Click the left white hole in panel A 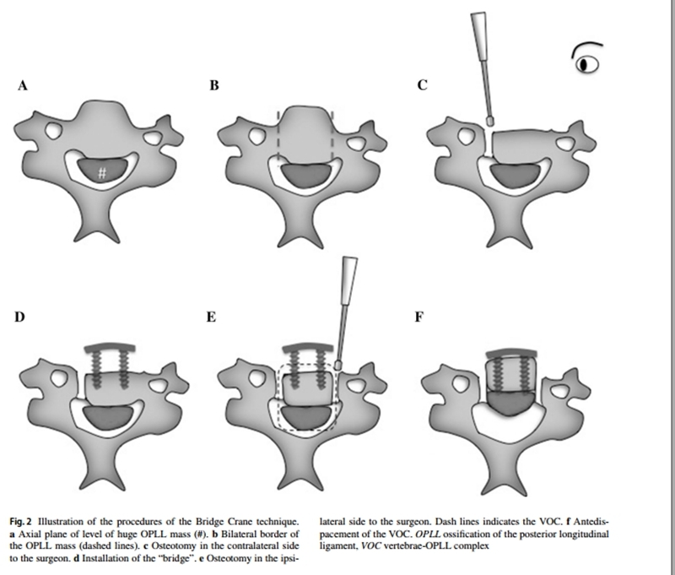[53, 130]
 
